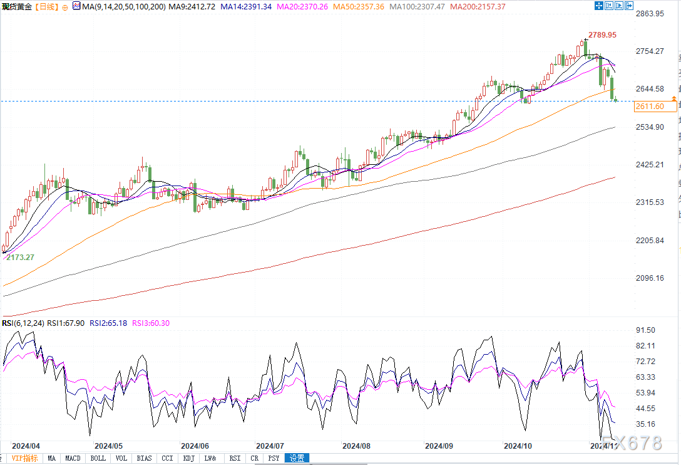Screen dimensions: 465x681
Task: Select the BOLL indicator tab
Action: tap(98, 458)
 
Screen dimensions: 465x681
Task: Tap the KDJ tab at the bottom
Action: tap(188, 458)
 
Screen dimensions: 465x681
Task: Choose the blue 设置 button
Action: tap(297, 458)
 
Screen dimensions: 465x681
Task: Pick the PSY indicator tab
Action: tap(274, 458)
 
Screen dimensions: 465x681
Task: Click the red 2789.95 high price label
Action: tap(602, 35)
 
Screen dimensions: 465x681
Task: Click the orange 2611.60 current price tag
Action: tap(649, 107)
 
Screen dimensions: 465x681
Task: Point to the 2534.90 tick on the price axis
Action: tap(649, 127)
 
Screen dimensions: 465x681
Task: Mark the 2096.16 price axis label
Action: tap(649, 278)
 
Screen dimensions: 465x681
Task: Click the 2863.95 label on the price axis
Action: tap(649, 13)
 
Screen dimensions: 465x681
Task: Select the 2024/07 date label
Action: tap(269, 446)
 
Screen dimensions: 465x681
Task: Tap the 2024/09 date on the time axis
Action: tap(438, 446)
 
